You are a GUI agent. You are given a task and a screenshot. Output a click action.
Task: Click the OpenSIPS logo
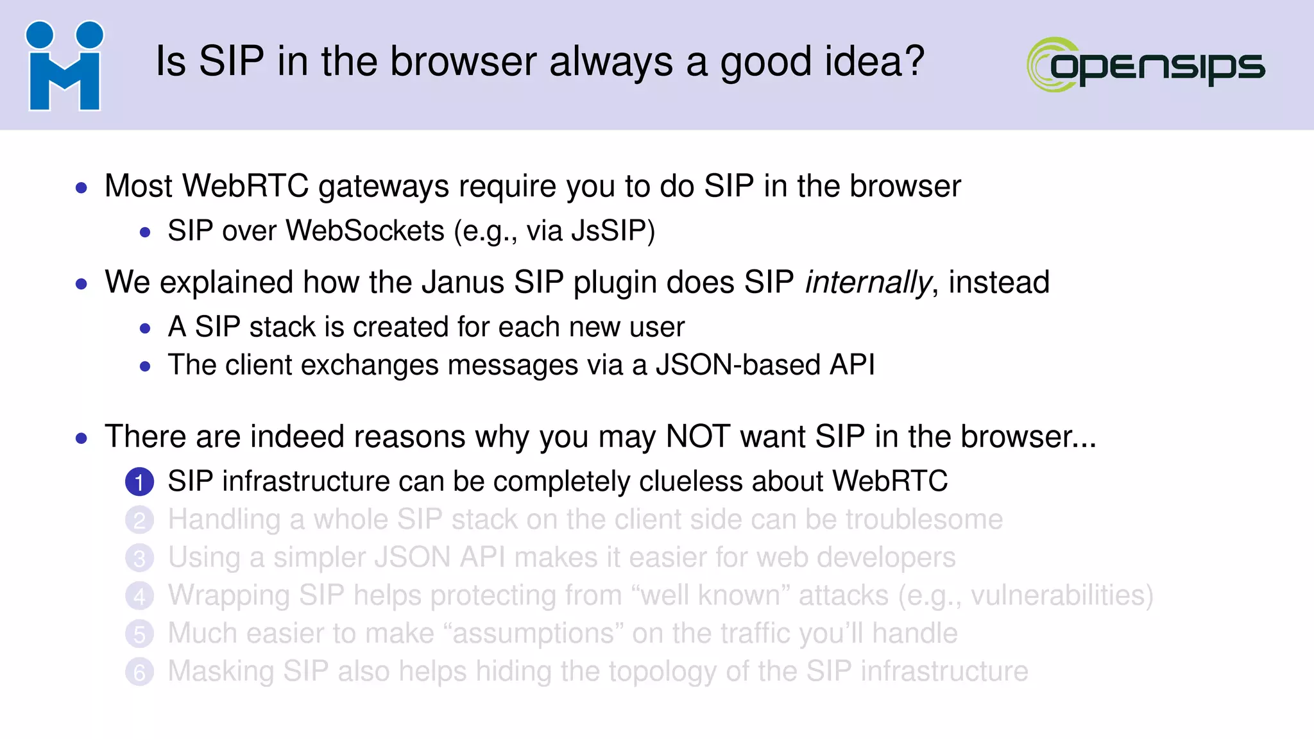[x=1146, y=65]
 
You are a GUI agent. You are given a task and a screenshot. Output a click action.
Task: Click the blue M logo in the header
[x=64, y=66]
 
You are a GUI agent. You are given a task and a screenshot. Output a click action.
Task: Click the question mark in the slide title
[x=914, y=62]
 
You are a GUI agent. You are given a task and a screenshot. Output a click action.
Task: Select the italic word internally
[x=867, y=283]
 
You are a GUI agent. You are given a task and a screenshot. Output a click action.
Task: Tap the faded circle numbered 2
[x=139, y=520]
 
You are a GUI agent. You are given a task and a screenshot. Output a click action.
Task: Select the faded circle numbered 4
[x=139, y=596]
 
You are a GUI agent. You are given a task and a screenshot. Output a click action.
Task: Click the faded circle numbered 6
[x=139, y=672]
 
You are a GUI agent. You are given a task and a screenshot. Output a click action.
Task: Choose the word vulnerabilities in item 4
[x=1057, y=596]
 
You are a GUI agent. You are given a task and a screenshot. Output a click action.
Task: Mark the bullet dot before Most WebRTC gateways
[x=81, y=188]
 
